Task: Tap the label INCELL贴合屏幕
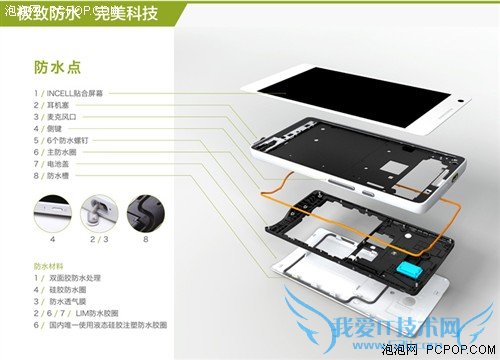(76, 93)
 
